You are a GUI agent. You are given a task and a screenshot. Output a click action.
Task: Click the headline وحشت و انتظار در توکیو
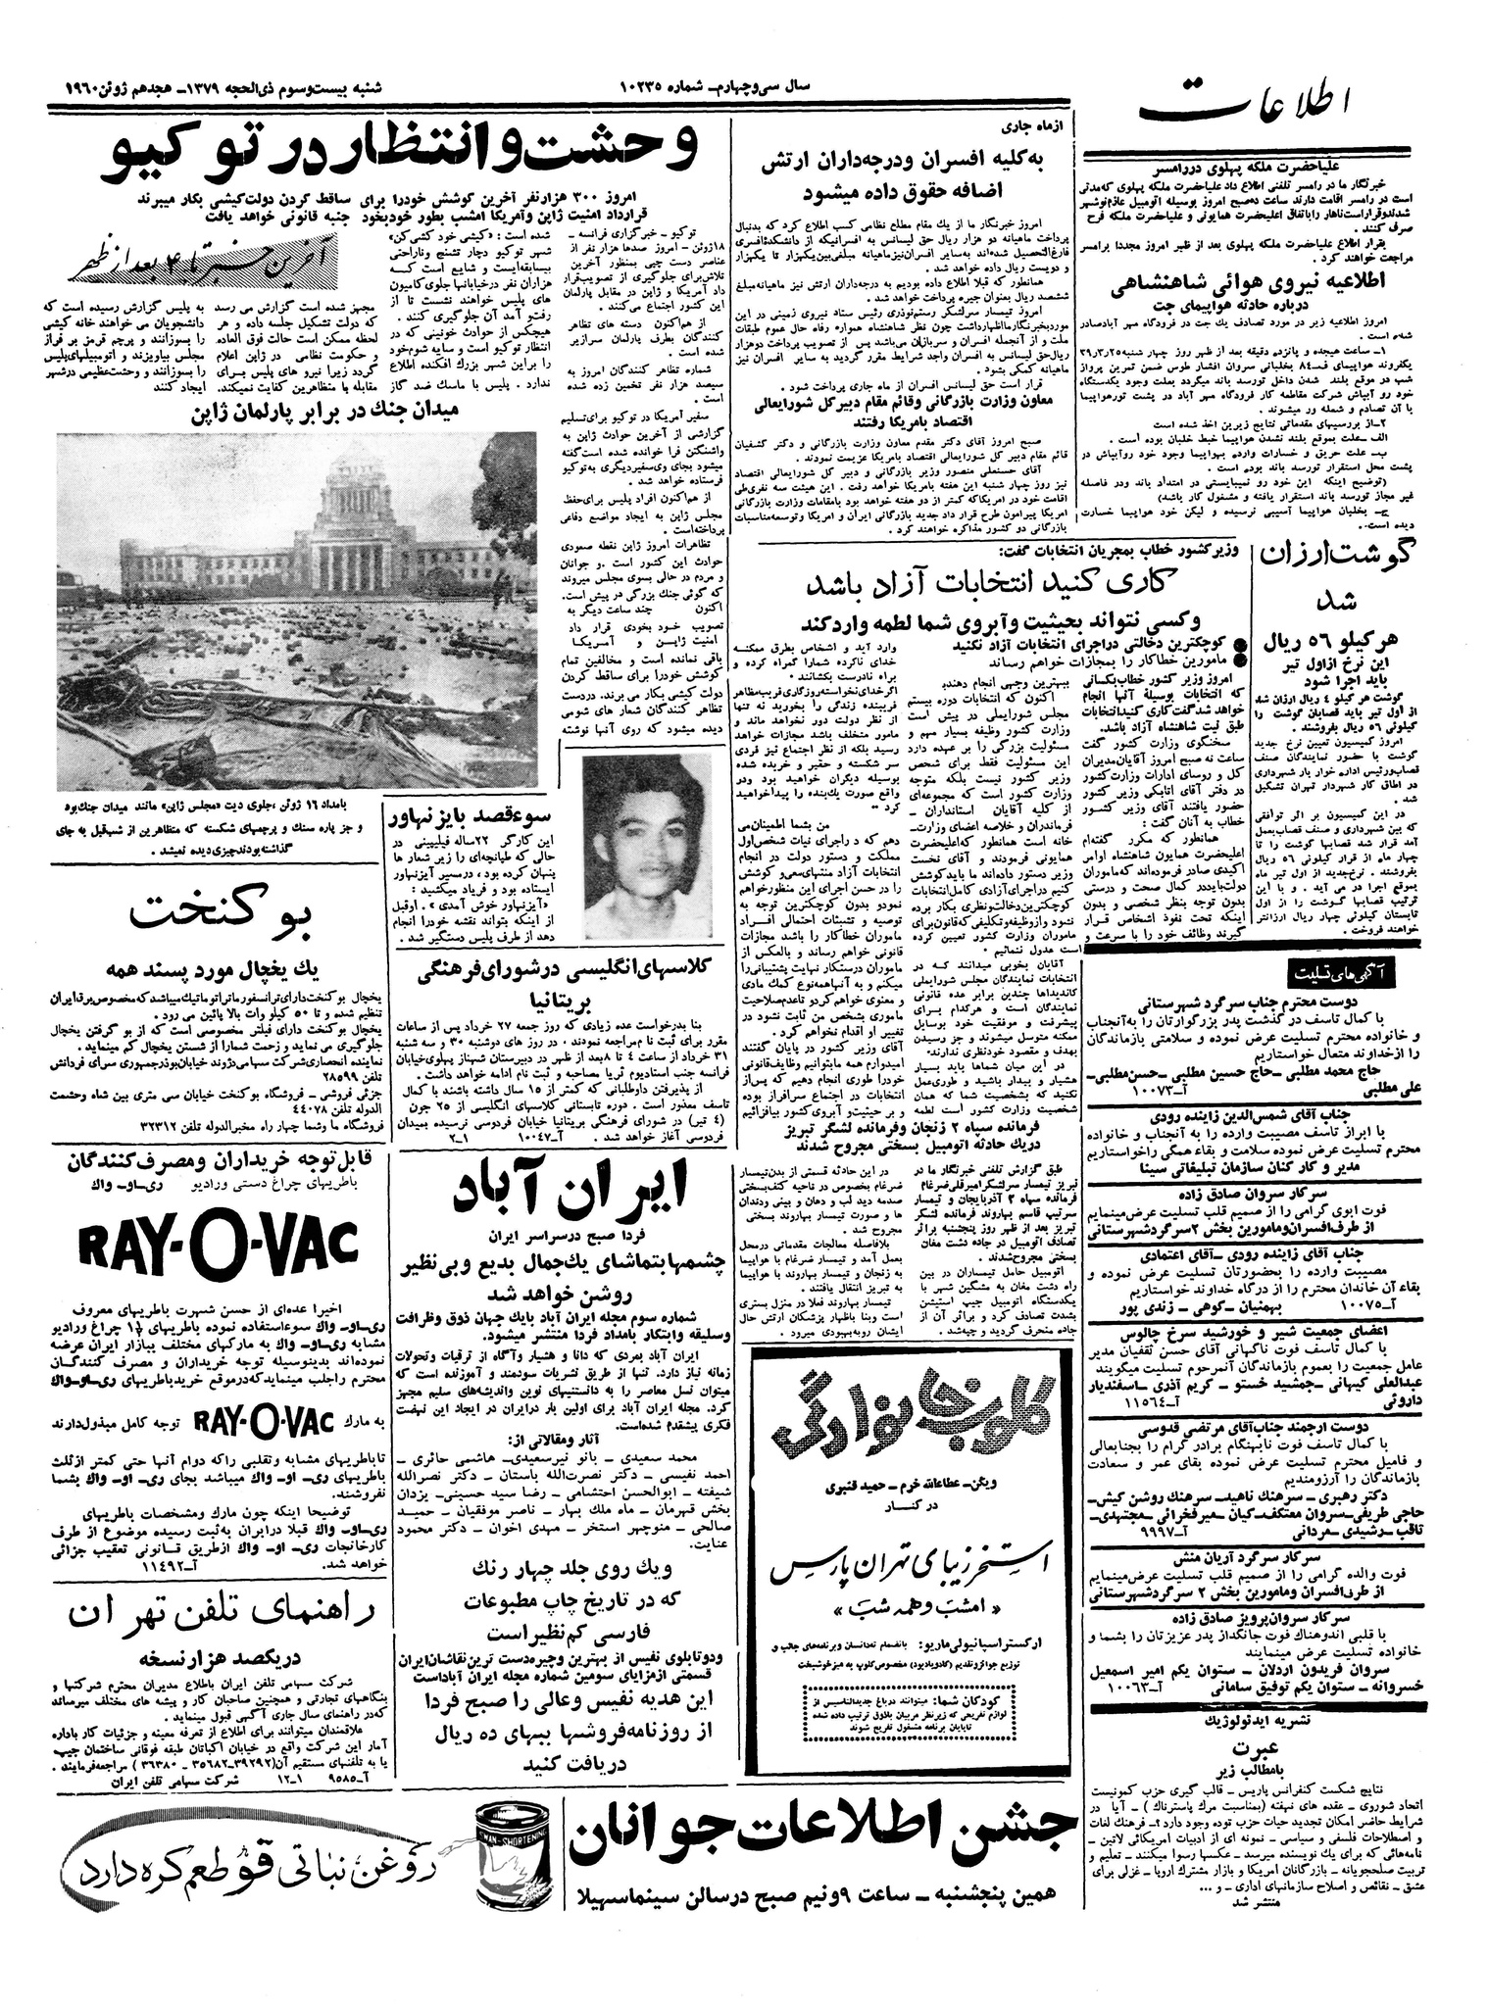pyautogui.click(x=405, y=151)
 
